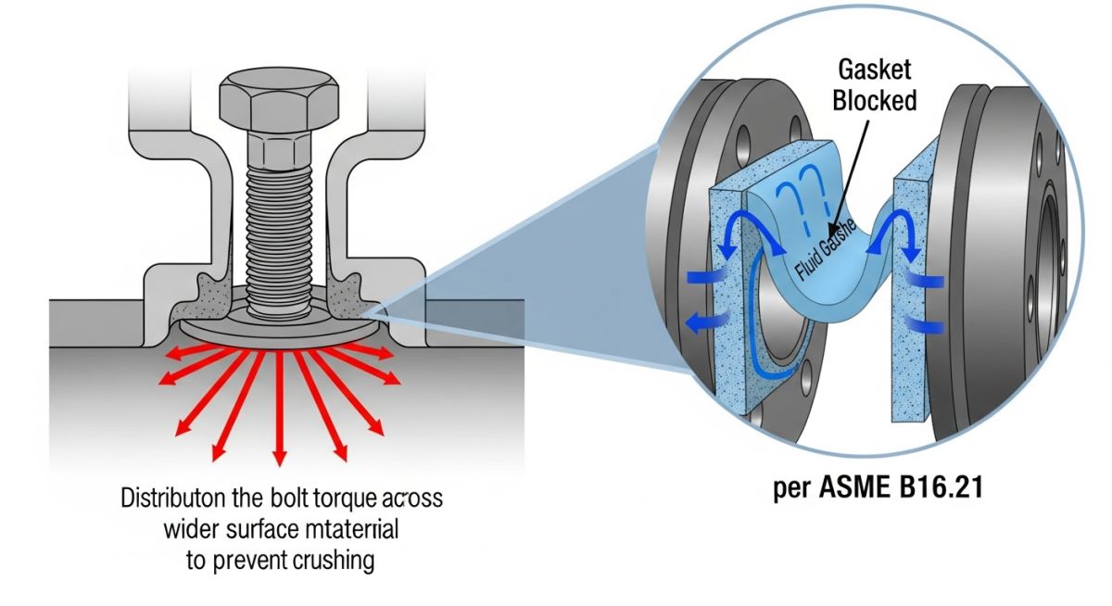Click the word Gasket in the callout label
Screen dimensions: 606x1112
[x=875, y=69]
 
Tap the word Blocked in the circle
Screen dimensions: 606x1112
[x=875, y=100]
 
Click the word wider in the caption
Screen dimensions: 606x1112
[x=189, y=530]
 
